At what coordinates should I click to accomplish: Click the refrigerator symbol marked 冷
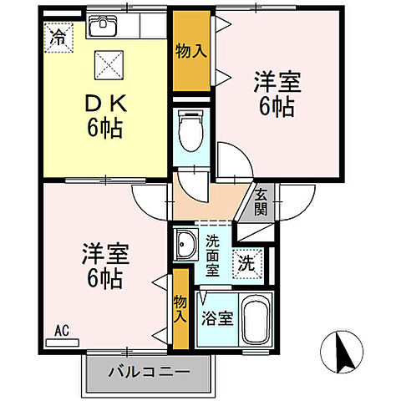58,36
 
